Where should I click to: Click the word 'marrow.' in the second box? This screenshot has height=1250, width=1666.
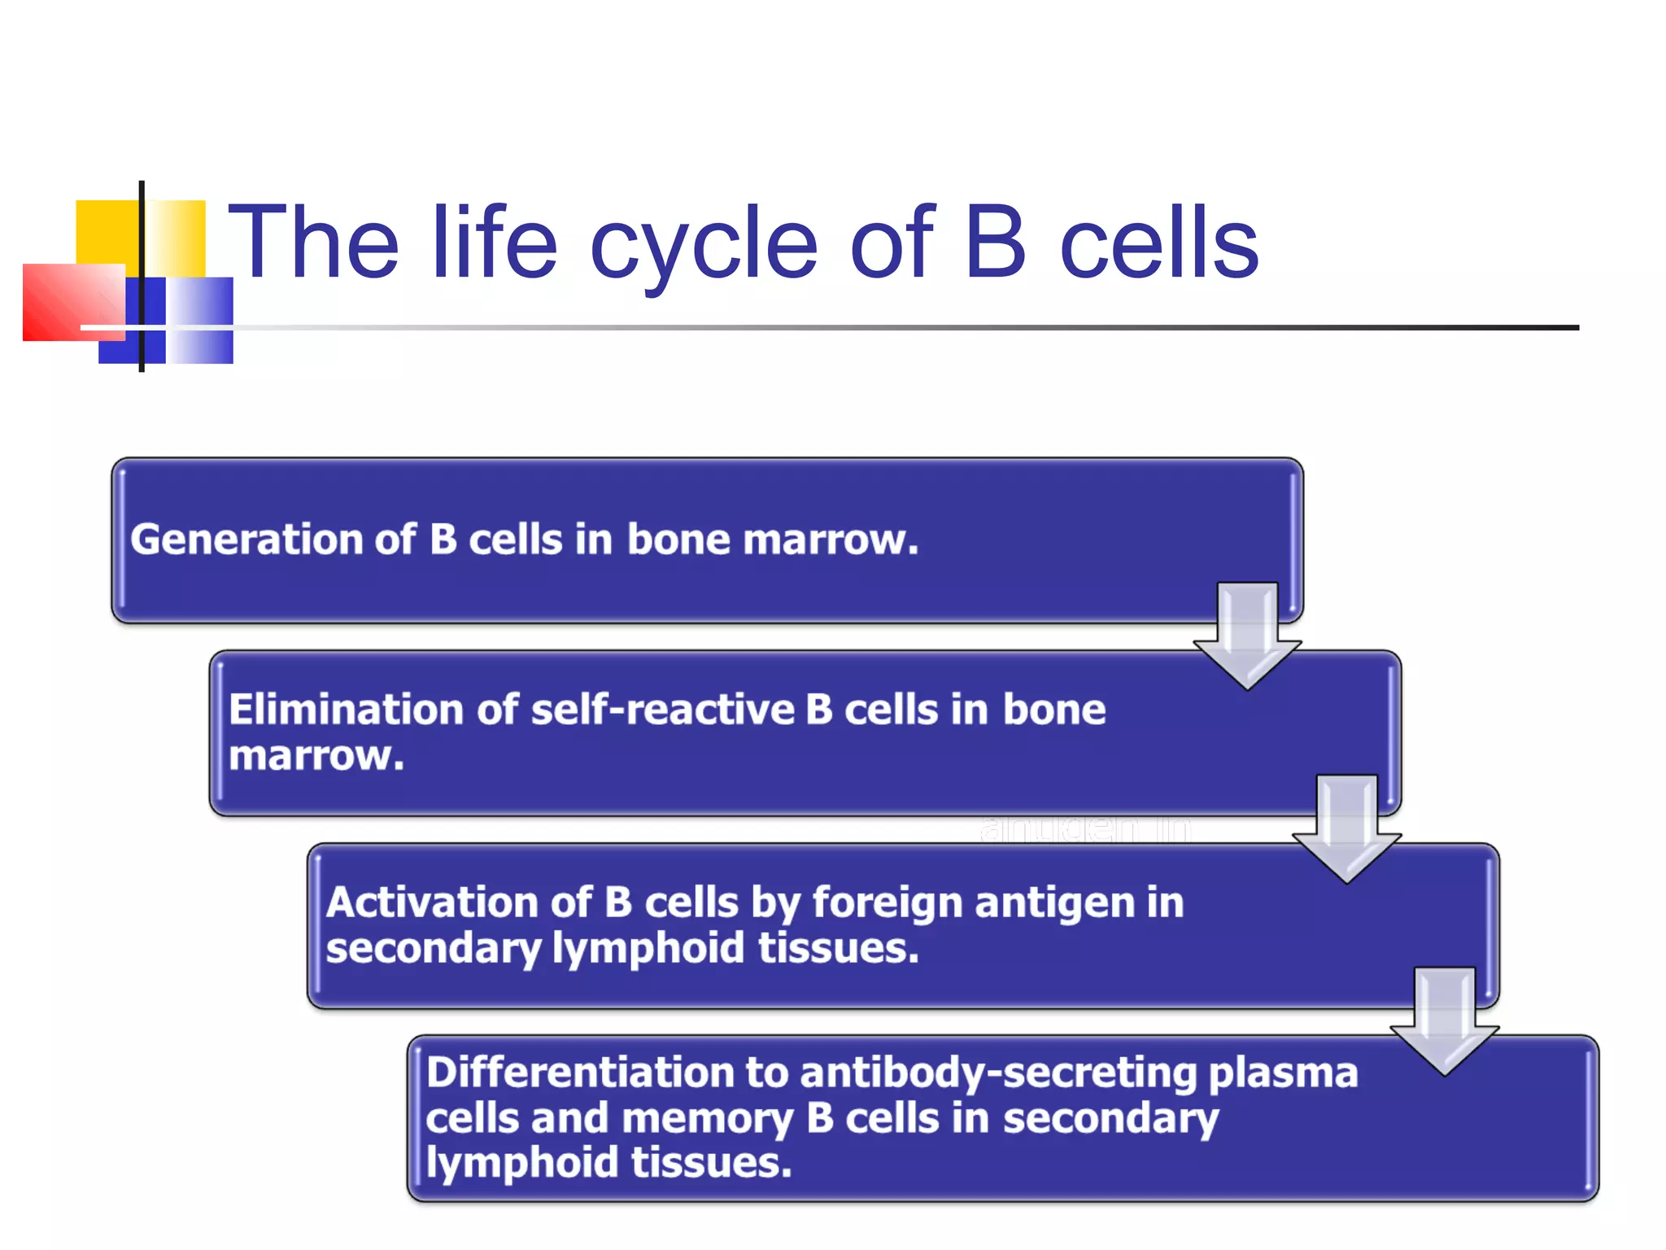click(x=316, y=756)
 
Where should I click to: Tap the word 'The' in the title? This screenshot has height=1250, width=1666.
click(x=314, y=243)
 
